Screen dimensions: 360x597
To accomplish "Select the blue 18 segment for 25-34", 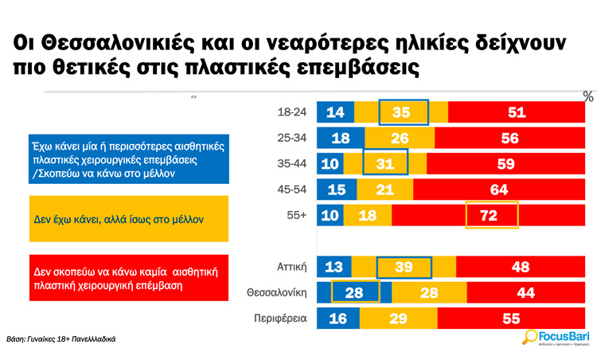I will (x=336, y=139).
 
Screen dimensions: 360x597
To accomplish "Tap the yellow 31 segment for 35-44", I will (x=384, y=163).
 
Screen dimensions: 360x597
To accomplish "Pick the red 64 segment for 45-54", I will (x=499, y=189).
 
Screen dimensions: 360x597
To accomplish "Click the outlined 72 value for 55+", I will (x=491, y=214).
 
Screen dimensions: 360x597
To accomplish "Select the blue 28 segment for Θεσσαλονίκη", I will (x=354, y=292).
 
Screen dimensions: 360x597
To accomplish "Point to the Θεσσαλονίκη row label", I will (x=279, y=292).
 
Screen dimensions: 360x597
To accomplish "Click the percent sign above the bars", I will (x=588, y=96).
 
